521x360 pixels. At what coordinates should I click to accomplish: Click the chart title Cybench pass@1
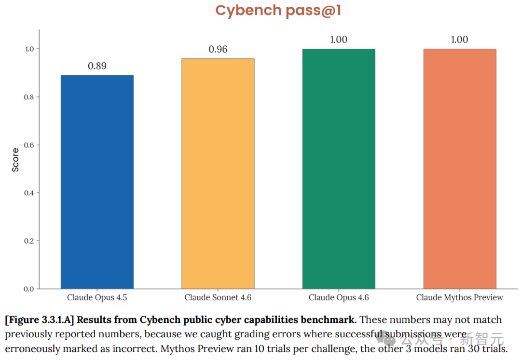pos(278,11)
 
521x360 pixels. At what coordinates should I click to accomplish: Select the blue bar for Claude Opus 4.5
pos(97,182)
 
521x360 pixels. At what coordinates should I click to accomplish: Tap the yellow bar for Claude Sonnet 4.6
pos(218,174)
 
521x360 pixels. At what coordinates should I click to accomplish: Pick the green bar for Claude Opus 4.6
pos(339,169)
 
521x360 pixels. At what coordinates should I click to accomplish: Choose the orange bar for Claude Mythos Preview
pos(460,169)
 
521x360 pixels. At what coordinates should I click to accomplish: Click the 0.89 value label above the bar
pos(97,66)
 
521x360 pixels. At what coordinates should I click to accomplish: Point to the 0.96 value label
pos(218,49)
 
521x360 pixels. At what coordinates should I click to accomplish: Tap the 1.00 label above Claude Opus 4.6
pos(339,40)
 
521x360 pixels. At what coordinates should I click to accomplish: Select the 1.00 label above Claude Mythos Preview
pos(460,40)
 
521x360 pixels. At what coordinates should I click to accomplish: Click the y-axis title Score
pos(15,160)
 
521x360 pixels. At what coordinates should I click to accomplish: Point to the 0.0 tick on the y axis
pos(29,289)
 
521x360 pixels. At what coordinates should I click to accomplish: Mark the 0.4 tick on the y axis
pos(29,193)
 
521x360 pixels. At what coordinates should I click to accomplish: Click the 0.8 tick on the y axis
pos(29,97)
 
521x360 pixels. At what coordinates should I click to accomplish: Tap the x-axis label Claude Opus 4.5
pos(97,297)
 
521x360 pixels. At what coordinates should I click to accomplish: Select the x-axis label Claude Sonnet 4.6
pos(218,297)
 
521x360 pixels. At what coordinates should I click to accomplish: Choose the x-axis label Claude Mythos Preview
pos(460,297)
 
